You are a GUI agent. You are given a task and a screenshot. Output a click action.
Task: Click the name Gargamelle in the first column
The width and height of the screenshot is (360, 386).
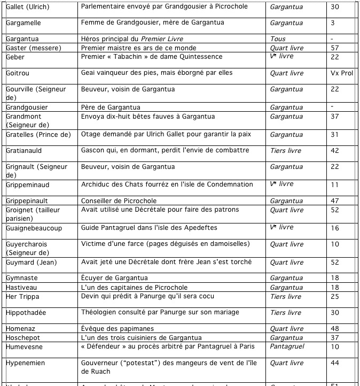(23, 23)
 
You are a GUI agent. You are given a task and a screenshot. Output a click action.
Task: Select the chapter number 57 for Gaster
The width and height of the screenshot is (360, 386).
(335, 48)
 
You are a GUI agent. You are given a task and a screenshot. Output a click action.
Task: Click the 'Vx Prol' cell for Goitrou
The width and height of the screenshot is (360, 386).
(342, 73)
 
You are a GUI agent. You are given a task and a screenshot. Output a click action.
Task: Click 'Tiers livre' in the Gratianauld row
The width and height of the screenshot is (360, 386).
(286, 151)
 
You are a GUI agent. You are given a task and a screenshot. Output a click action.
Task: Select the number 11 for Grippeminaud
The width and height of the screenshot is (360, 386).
(335, 184)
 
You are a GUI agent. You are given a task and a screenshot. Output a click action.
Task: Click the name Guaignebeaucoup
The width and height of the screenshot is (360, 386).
(34, 228)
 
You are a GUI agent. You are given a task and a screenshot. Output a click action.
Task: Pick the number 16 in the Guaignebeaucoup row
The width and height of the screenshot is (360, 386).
(335, 228)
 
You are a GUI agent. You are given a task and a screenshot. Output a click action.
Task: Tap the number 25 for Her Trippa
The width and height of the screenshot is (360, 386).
(335, 296)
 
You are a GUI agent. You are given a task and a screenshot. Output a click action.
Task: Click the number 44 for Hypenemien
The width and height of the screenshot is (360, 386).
(335, 363)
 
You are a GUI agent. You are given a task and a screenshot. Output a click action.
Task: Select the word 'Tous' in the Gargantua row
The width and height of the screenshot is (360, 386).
(278, 39)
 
